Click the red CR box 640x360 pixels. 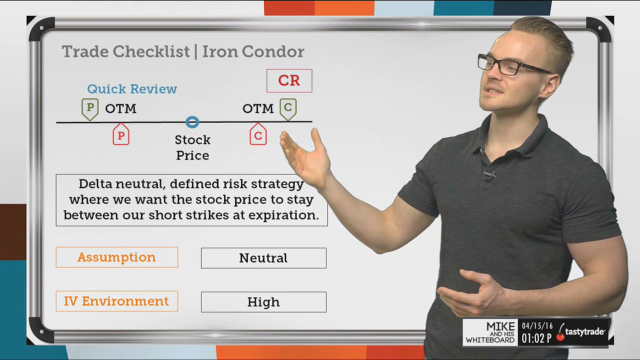tap(289, 81)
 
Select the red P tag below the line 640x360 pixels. tap(121, 134)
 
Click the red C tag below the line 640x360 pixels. tap(258, 134)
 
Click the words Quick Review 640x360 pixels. tap(132, 89)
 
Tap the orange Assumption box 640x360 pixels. tap(117, 257)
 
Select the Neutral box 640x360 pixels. tap(263, 258)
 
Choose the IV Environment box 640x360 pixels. tap(117, 301)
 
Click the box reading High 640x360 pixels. tap(263, 302)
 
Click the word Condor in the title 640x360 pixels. tap(273, 51)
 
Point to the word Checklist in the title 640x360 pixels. tap(151, 51)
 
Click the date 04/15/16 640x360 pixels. tap(537, 326)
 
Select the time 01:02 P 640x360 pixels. tap(536, 338)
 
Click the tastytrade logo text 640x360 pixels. tap(584, 331)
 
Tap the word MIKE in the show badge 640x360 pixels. tap(500, 326)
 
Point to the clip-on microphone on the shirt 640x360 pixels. tap(489, 174)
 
